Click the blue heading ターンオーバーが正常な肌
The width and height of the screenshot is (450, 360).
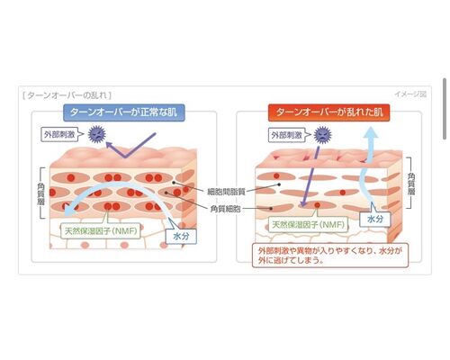tap(124, 112)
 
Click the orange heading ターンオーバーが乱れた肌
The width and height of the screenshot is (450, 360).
tap(329, 112)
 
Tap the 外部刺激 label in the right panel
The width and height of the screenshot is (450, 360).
tap(286, 135)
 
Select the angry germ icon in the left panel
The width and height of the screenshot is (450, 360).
tap(97, 134)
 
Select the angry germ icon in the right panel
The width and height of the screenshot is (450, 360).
tap(322, 135)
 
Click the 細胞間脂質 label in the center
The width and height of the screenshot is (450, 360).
tap(226, 192)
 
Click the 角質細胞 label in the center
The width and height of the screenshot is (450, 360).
tap(226, 209)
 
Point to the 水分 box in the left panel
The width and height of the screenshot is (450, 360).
tap(181, 236)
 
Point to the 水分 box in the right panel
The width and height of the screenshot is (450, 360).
tap(375, 219)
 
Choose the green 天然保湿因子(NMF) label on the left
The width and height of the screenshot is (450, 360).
tap(101, 230)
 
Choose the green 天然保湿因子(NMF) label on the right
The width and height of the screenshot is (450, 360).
tap(308, 224)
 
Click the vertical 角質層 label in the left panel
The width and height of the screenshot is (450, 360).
tap(40, 193)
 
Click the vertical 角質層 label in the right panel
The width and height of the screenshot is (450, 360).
tap(411, 183)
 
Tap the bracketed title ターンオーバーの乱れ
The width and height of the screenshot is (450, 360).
tap(67, 95)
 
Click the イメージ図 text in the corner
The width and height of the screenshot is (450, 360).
tap(410, 94)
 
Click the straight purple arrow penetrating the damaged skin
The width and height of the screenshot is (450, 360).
tap(310, 176)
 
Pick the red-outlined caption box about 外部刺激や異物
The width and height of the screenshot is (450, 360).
tap(330, 255)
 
